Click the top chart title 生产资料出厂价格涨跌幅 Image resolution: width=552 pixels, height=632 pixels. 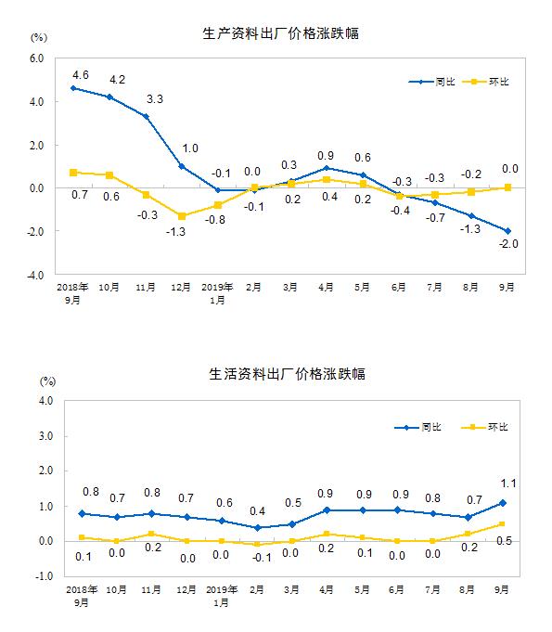click(x=280, y=33)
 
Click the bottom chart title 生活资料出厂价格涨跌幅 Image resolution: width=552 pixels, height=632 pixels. click(x=287, y=374)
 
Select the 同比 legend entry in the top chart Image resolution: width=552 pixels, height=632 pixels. click(x=431, y=82)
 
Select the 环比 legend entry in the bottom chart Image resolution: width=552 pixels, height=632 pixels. click(x=484, y=427)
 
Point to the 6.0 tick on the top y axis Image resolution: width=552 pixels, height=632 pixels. click(x=36, y=58)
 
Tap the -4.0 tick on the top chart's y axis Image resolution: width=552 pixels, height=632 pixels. click(x=35, y=276)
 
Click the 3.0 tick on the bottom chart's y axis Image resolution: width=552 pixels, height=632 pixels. click(x=46, y=436)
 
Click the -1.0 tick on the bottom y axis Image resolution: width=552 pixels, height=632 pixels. click(x=45, y=576)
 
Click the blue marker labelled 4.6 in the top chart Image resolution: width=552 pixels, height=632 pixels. click(x=73, y=88)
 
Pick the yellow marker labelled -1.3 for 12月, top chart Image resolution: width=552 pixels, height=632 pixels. click(x=182, y=216)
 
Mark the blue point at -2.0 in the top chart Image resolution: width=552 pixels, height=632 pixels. click(x=507, y=231)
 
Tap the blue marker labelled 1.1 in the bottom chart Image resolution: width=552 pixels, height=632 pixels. click(x=503, y=503)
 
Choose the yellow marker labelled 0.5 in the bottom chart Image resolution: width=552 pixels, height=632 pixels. click(x=502, y=524)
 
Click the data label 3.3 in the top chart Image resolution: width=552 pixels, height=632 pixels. click(x=155, y=99)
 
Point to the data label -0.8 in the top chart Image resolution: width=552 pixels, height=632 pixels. click(x=214, y=220)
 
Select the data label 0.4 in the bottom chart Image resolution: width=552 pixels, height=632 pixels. click(x=257, y=511)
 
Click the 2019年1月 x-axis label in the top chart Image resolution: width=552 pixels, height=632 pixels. click(x=217, y=293)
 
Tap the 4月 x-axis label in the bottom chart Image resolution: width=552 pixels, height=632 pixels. click(x=326, y=589)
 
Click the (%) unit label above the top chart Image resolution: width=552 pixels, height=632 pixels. click(x=39, y=37)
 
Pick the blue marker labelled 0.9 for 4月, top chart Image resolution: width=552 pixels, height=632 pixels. click(x=327, y=169)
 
